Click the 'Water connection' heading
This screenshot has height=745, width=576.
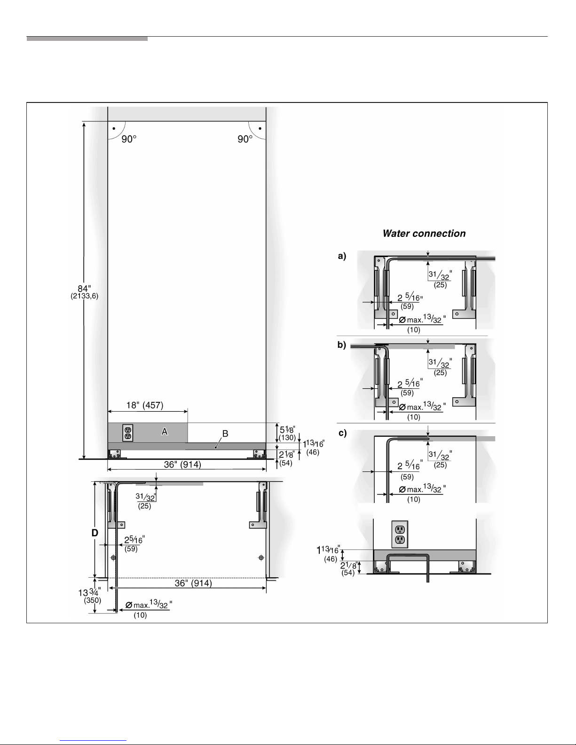pos(424,234)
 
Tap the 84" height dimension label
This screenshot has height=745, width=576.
pos(84,292)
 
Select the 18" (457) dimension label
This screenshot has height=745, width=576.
pos(145,405)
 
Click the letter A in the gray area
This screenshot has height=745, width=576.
pos(165,431)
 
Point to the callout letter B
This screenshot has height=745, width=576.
pos(225,433)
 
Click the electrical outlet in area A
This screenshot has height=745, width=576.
pos(127,433)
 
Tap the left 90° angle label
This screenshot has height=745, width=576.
pos(129,139)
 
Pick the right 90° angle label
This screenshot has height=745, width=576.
pos(245,139)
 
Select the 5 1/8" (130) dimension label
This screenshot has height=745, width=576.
pos(287,433)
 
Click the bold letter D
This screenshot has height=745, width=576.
pos(95,533)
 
